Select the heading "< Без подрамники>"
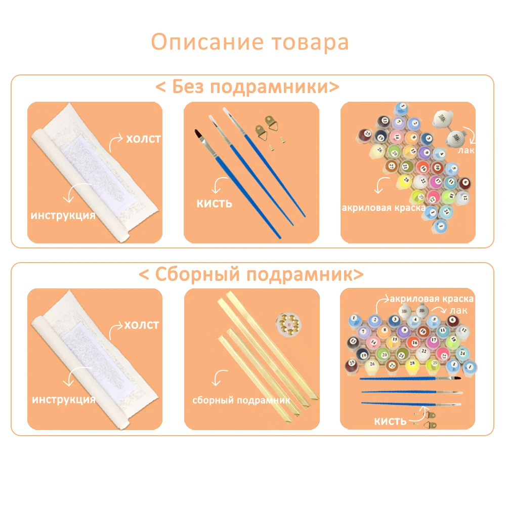point(247,87)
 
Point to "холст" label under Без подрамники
point(143,138)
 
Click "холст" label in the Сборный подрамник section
point(142,324)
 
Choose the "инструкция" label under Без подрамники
point(63,216)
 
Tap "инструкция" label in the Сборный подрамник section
point(64,400)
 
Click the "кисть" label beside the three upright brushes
point(215,203)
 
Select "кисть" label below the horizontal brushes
point(390,421)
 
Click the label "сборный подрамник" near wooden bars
point(241,400)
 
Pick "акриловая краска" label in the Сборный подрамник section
point(432,299)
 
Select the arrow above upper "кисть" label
point(219,185)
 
